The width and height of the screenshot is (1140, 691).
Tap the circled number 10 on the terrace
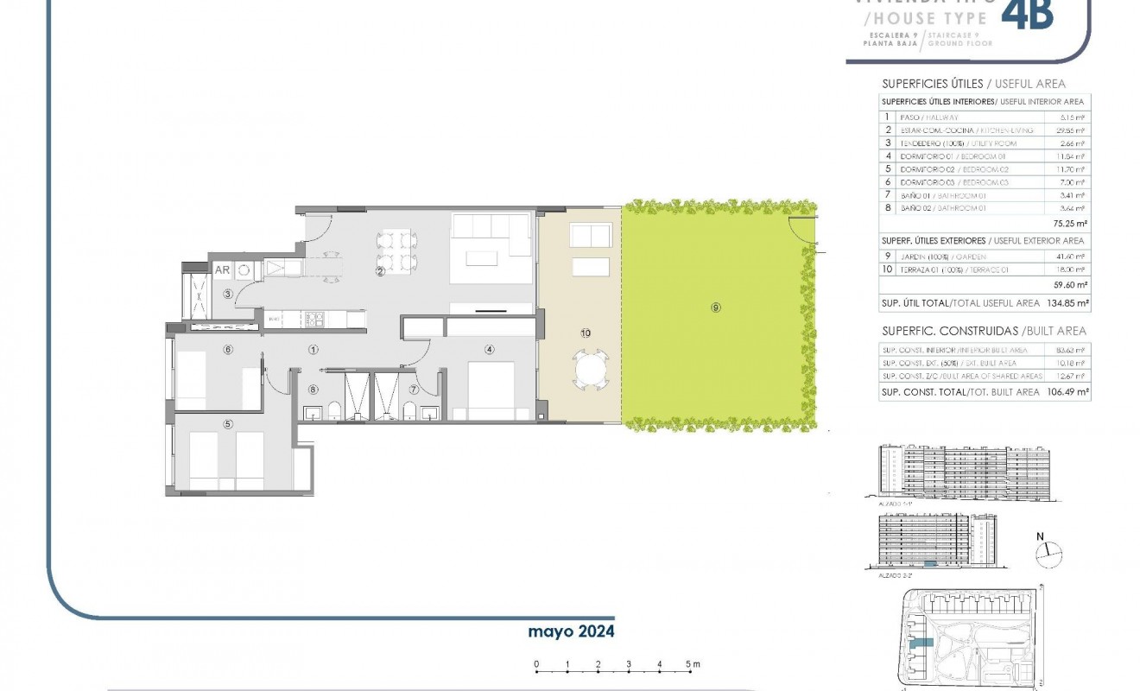pyautogui.click(x=586, y=333)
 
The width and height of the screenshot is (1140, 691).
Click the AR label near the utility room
pyautogui.click(x=222, y=269)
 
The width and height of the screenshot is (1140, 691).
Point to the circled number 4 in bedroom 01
pyautogui.click(x=490, y=350)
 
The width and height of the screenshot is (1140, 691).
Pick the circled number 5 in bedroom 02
pyautogui.click(x=228, y=423)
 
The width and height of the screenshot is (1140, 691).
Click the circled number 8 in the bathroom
pyautogui.click(x=313, y=390)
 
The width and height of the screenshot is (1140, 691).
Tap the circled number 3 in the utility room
pyautogui.click(x=228, y=294)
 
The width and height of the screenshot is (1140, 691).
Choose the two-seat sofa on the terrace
pyautogui.click(x=590, y=236)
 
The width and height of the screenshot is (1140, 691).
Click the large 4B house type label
pyautogui.click(x=1030, y=16)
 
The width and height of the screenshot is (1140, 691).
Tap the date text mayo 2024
pyautogui.click(x=571, y=631)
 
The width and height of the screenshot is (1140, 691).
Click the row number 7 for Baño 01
pyautogui.click(x=886, y=195)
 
